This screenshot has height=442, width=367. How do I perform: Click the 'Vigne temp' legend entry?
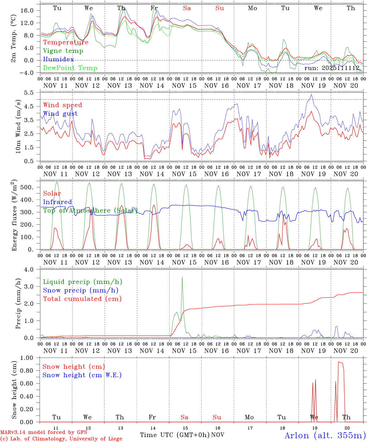click(x=63, y=51)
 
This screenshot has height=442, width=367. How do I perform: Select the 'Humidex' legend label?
click(x=58, y=60)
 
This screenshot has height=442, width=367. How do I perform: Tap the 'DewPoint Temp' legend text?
click(x=70, y=68)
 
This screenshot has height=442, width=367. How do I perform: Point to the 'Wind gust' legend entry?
click(x=60, y=114)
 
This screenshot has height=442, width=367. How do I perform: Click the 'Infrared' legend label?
click(x=57, y=202)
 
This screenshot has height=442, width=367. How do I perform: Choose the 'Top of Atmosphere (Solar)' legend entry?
click(x=90, y=211)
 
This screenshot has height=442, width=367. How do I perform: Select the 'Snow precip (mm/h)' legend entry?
click(x=81, y=290)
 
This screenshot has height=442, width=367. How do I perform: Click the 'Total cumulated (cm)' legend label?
click(x=82, y=299)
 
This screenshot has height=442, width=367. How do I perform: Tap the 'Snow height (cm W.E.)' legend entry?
click(x=82, y=375)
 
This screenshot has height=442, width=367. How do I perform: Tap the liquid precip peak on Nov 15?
click(x=182, y=277)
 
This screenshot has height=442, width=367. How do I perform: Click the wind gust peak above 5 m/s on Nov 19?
click(x=312, y=95)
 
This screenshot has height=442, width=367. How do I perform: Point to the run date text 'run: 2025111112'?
click(x=332, y=68)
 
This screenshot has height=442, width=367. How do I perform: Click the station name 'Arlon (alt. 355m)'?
click(x=325, y=435)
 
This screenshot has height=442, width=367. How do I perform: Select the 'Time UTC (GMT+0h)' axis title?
click(x=175, y=435)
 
